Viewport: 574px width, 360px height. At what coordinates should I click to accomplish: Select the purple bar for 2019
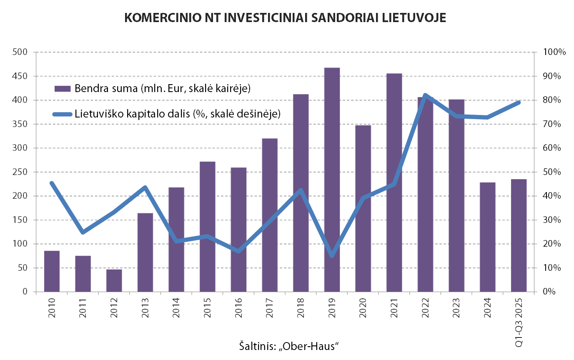(332, 179)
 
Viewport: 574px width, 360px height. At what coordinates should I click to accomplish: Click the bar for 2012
(114, 280)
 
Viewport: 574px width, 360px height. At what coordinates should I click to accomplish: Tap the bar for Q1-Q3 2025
(519, 235)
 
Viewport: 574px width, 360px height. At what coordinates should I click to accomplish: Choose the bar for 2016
(238, 229)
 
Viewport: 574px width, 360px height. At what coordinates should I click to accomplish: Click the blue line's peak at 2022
(425, 95)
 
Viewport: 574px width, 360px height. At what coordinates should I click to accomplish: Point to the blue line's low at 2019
(332, 255)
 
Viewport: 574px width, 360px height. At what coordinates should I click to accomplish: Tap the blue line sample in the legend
(63, 114)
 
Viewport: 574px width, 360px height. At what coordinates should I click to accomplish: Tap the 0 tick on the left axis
(24, 292)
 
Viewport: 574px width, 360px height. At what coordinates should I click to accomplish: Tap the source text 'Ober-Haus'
(308, 346)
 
